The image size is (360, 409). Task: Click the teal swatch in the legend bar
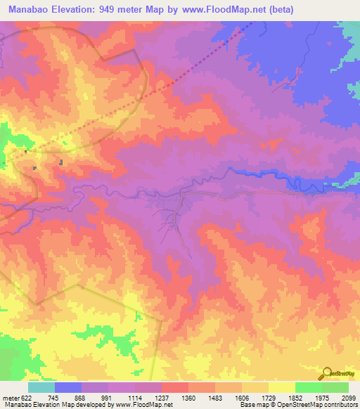tap(41, 387)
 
